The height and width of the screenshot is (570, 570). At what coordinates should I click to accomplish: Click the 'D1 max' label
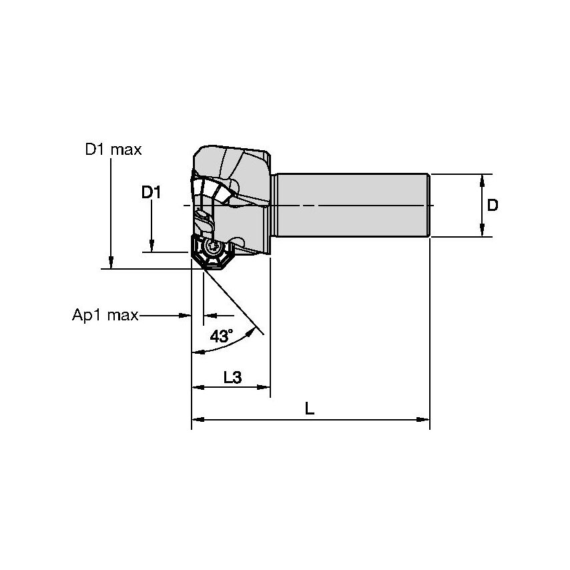(113, 150)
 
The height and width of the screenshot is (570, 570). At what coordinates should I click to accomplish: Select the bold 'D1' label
(152, 193)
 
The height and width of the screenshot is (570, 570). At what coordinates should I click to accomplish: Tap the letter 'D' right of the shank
(492, 206)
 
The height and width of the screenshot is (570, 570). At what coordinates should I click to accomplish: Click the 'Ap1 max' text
(105, 315)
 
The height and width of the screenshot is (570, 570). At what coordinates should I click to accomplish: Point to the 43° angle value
(222, 336)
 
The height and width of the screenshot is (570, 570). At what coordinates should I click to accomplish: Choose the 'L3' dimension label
(232, 377)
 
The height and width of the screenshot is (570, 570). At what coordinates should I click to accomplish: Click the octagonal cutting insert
(213, 253)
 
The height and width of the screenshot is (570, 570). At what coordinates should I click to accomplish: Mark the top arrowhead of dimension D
(482, 180)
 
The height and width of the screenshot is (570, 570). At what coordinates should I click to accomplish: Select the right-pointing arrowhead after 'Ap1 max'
(186, 315)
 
